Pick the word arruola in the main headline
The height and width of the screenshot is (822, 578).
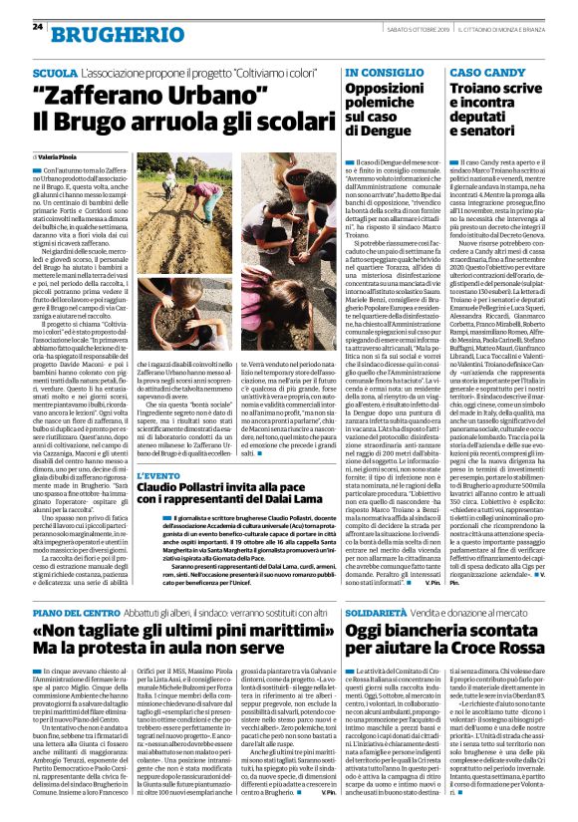[x=180, y=124]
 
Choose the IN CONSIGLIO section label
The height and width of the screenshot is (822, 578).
[x=380, y=75]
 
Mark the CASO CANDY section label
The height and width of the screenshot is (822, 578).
[x=483, y=75]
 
